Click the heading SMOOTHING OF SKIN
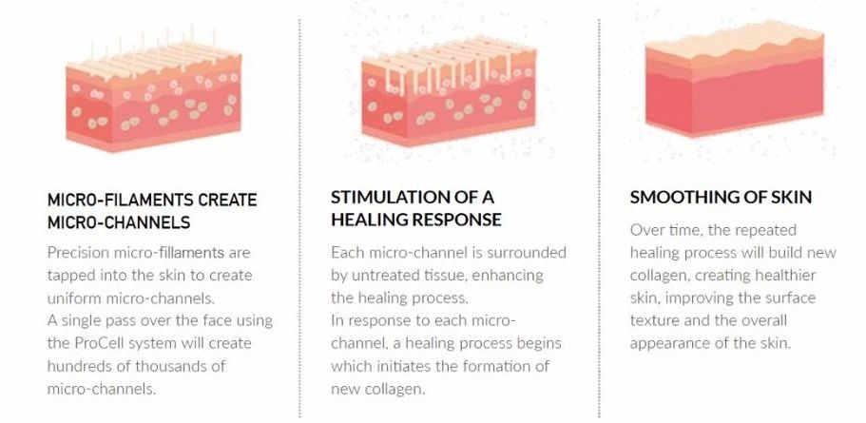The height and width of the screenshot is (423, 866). coord(721,197)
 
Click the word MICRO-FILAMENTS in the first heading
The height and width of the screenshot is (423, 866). coord(120,200)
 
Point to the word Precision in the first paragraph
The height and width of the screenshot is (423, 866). coord(79,253)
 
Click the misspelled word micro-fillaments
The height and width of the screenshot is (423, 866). coord(169,253)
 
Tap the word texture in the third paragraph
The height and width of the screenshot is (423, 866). coord(653,320)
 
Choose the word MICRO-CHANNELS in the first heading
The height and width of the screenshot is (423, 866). coord(119,222)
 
